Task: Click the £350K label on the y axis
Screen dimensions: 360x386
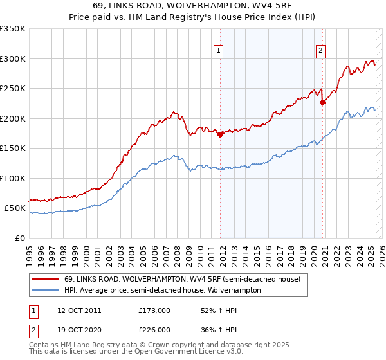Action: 13,29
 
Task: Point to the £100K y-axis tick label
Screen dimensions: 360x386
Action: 13,178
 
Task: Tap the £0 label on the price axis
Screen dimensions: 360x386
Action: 19,238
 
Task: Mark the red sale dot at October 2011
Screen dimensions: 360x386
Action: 221,134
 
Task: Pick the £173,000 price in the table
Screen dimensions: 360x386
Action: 155,310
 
